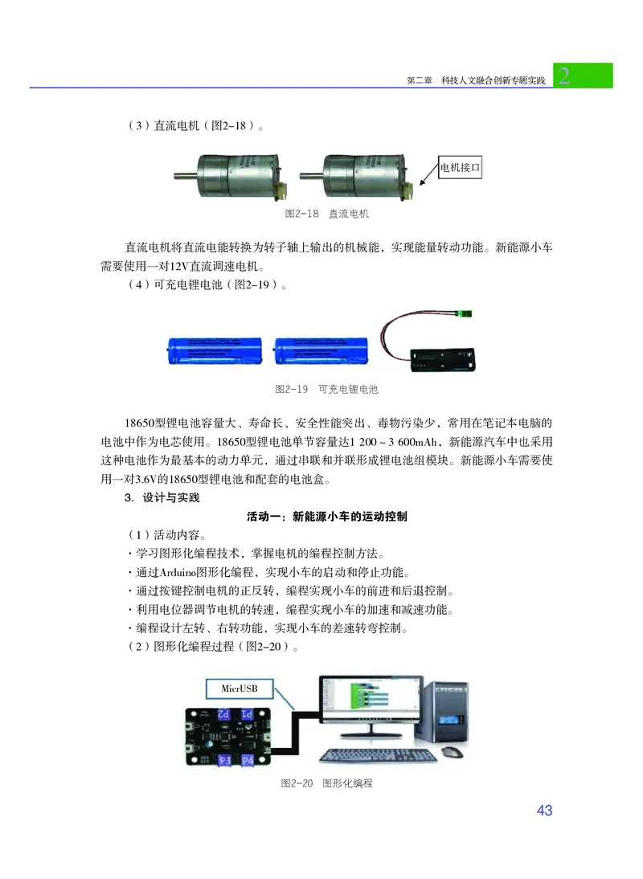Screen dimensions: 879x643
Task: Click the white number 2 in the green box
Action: click(565, 76)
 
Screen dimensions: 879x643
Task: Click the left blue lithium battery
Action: click(214, 350)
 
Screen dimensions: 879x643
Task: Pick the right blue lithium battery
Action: click(321, 350)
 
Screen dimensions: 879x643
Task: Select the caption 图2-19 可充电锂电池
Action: click(326, 389)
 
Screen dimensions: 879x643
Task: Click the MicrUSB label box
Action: click(242, 689)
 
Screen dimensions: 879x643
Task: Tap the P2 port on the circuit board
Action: click(225, 714)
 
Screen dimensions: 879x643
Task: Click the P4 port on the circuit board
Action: click(246, 760)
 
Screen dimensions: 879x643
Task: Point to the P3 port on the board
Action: click(224, 760)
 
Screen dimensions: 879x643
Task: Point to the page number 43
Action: click(544, 811)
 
